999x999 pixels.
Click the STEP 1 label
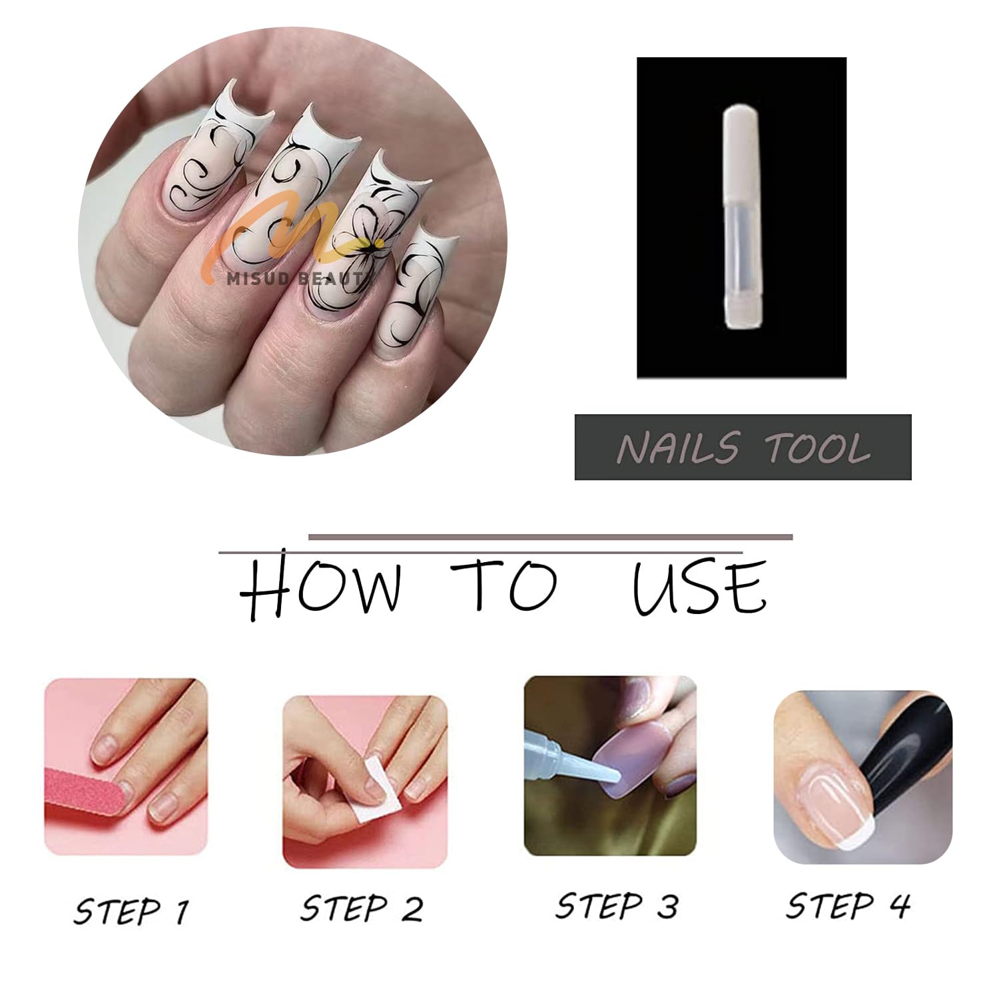[131, 910]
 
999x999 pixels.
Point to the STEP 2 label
[361, 908]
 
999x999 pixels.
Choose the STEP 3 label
[617, 906]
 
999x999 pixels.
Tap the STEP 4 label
[848, 905]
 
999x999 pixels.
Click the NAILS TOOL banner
[743, 447]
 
